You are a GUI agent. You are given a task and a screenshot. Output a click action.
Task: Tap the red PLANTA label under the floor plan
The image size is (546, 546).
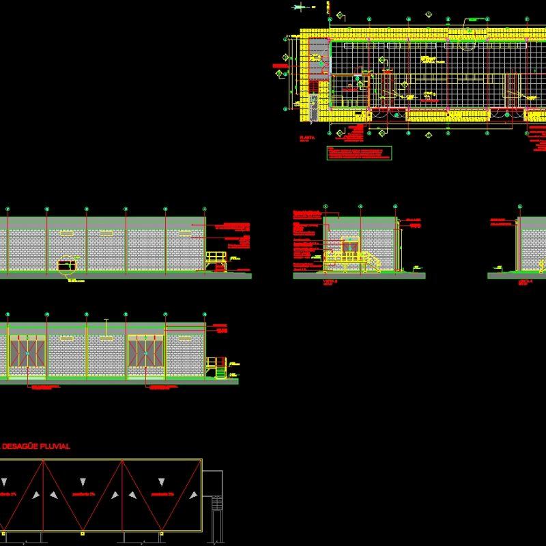click(306, 138)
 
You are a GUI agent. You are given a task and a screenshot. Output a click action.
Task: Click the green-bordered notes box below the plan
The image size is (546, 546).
click(359, 153)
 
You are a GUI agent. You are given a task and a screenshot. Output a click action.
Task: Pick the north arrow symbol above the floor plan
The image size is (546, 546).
click(300, 7)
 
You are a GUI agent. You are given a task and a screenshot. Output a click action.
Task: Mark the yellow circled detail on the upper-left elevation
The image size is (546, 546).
click(67, 264)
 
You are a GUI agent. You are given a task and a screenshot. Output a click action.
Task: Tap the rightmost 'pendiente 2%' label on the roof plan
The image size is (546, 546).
click(162, 493)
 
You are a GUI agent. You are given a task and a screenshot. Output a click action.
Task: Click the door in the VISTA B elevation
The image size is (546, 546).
click(351, 248)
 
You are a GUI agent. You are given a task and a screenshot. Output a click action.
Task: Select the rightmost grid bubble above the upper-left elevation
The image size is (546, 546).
click(204, 209)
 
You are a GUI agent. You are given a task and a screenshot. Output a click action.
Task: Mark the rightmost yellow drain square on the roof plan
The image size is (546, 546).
click(160, 532)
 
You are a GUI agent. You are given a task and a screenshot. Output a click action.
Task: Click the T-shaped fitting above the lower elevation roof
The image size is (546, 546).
click(106, 321)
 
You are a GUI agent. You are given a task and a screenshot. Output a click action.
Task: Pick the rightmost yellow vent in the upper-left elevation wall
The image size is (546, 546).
click(185, 233)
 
